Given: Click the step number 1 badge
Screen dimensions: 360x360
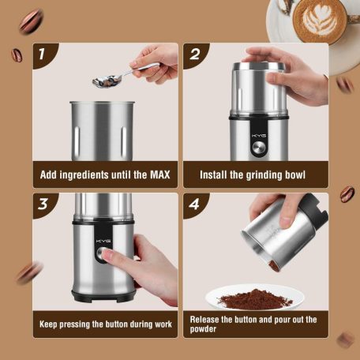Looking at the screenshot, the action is tap(42, 54).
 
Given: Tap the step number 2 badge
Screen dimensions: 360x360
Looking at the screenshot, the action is tap(195, 54).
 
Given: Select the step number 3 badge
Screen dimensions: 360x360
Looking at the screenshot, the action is tap(43, 204).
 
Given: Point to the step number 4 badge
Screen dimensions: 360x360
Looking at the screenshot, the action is tap(194, 204).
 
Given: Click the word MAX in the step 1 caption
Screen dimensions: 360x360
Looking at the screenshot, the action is tap(160, 174).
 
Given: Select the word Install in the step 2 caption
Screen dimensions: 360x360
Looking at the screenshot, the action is tap(213, 174).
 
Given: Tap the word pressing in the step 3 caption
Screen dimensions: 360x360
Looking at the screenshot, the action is tap(74, 324).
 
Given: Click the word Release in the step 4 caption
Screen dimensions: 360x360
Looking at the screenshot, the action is tap(204, 320).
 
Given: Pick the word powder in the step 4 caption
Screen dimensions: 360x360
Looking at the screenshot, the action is tap(203, 329).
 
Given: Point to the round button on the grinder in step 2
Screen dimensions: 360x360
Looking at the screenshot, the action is tap(259, 148).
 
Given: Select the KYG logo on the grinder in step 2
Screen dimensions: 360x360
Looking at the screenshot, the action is tap(259, 136).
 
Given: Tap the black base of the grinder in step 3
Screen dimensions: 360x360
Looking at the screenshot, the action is tap(103, 296).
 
